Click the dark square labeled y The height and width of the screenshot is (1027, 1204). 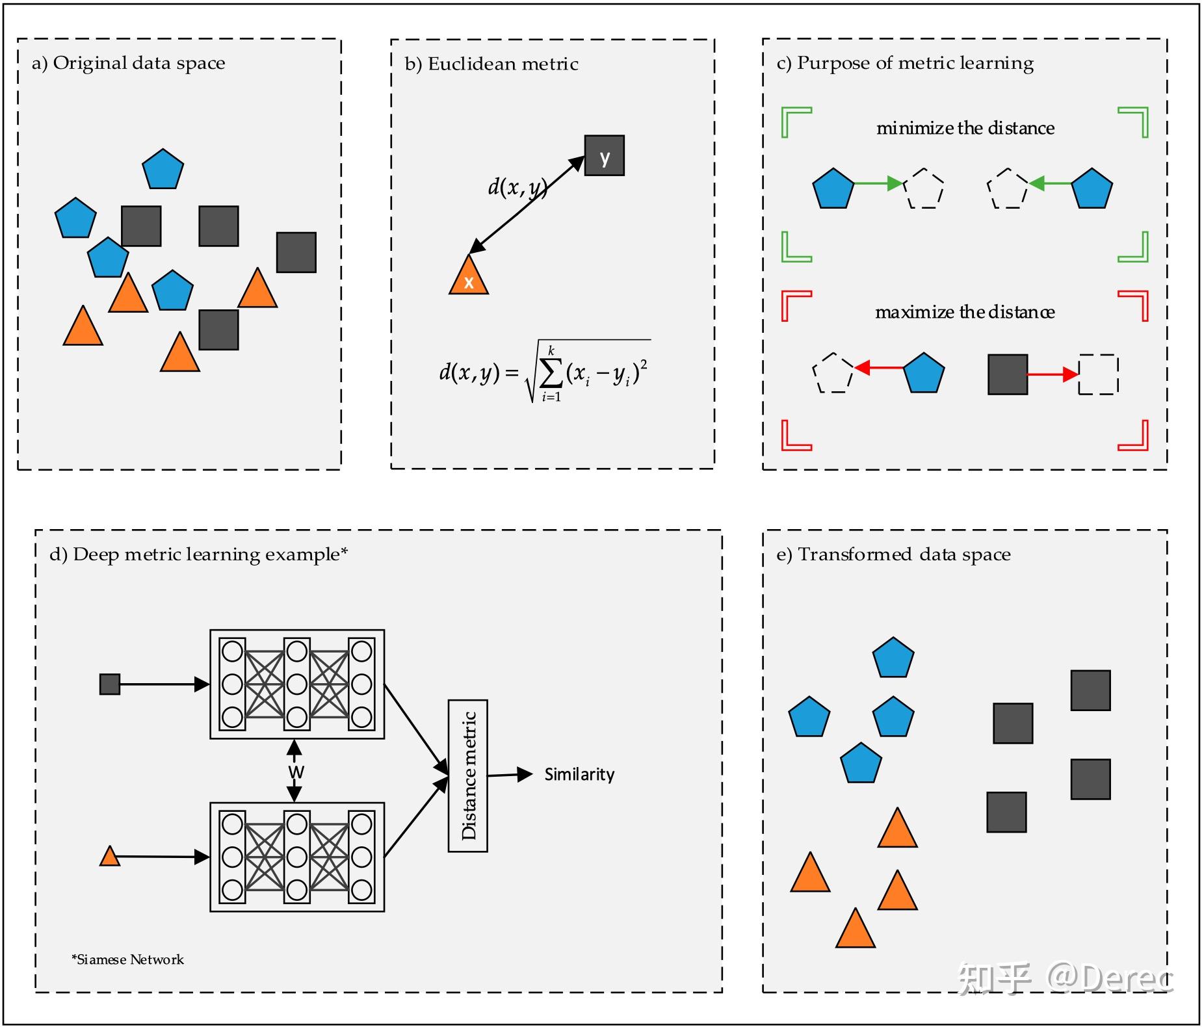point(604,155)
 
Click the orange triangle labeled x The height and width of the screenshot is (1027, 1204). point(468,278)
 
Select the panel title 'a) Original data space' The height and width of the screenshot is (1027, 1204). point(128,63)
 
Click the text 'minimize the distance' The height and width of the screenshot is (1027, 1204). point(965,128)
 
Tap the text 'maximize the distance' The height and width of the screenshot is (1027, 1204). point(965,312)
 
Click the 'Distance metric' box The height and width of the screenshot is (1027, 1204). point(467,775)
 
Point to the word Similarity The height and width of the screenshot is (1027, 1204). point(579,774)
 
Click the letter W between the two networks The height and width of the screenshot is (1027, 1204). point(296,772)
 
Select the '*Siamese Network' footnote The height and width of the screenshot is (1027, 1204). point(127,959)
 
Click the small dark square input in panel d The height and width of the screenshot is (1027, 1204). point(109,684)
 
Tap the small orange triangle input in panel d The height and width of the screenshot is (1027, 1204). point(109,857)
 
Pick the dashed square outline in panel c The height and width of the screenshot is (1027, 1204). point(1098,374)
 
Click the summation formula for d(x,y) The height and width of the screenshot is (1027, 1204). point(545,372)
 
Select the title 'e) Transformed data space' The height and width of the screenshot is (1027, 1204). point(893,554)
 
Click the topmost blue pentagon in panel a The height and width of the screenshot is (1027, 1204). point(163,170)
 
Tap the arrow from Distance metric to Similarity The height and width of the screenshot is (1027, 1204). point(510,775)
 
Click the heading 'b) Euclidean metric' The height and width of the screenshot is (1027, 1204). point(491,64)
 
